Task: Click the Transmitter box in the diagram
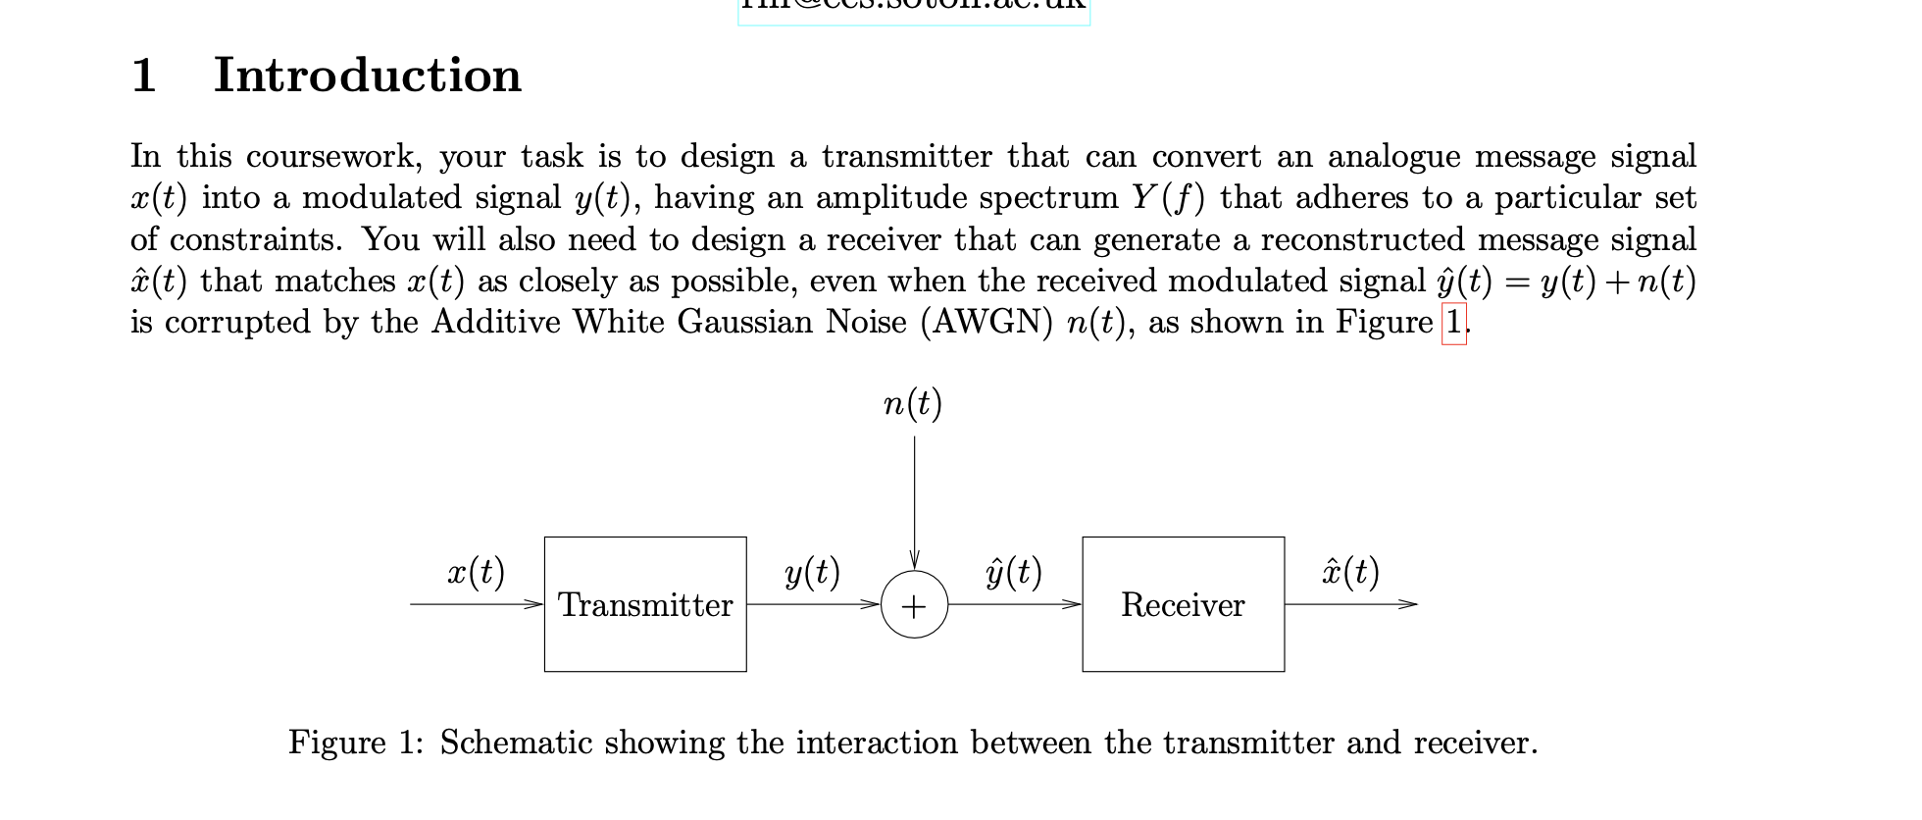[645, 604]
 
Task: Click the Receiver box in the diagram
[1183, 604]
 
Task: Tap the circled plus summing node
[914, 605]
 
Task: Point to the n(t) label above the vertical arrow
[912, 403]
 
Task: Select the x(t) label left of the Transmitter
[476, 571]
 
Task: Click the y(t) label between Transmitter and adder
[812, 571]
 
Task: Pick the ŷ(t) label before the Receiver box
[1014, 571]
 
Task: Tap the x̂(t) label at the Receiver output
[1350, 571]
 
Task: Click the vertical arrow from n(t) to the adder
[915, 500]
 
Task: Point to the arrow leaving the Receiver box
[1351, 604]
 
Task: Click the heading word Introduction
[368, 76]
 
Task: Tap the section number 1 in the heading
[143, 76]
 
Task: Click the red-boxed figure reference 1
[1454, 323]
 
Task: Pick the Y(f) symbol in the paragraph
[1168, 198]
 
